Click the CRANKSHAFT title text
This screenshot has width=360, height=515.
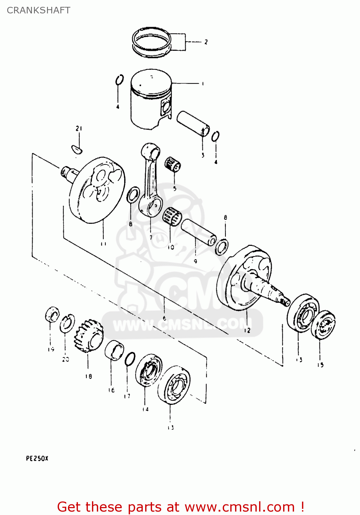click(38, 10)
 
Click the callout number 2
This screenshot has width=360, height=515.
click(206, 42)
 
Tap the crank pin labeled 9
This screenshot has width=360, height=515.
click(199, 232)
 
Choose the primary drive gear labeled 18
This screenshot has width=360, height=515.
click(89, 336)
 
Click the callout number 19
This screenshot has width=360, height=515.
click(51, 350)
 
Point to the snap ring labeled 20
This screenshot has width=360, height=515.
click(67, 323)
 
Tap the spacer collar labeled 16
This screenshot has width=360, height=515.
click(114, 351)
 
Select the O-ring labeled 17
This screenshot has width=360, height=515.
click(130, 359)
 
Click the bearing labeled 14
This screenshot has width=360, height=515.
click(148, 370)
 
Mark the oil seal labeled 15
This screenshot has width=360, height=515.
click(323, 325)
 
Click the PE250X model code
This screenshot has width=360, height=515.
click(37, 458)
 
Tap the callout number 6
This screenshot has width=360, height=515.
click(164, 318)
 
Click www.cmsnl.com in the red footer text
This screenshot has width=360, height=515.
click(240, 507)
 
